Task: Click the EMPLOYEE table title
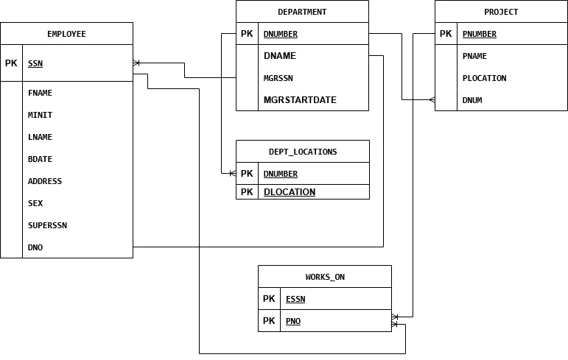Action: point(66,34)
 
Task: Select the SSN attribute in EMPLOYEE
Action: point(35,63)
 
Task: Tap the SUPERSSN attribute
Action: point(47,225)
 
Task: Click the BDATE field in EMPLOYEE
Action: point(40,159)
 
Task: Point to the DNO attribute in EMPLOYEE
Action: point(35,247)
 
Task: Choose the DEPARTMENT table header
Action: point(302,12)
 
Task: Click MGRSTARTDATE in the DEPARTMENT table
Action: point(300,100)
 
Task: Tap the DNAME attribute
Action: point(280,56)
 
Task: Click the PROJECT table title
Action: point(501,12)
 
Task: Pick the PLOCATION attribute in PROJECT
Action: point(484,78)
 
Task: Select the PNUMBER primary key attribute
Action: point(480,34)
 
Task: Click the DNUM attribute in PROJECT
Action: point(472,100)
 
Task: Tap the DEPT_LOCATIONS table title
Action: point(303,152)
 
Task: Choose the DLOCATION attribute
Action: point(290,192)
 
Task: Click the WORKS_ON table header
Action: point(325,277)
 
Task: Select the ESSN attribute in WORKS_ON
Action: point(295,299)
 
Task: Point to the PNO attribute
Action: point(293,321)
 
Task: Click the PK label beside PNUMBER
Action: point(446,34)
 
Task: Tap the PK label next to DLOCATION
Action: point(247,192)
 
